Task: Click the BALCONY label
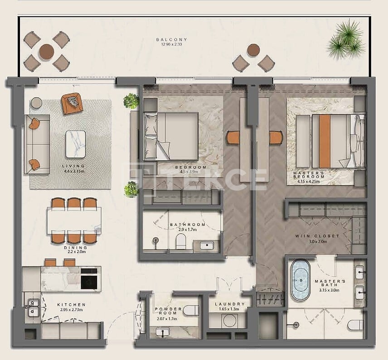point(171,40)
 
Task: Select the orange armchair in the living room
point(71,103)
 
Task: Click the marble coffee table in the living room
point(75,144)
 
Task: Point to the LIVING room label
point(73,166)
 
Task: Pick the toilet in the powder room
point(191,311)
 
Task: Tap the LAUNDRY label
point(230,304)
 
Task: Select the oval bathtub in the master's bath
point(301,280)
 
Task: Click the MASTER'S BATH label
point(330,283)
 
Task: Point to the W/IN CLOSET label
point(324,236)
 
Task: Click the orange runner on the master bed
point(325,140)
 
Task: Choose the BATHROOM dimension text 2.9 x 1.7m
point(187,230)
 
